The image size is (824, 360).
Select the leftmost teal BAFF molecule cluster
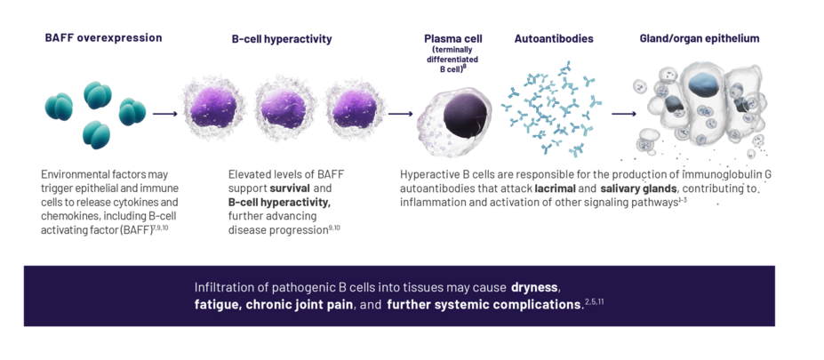pyautogui.click(x=60, y=109)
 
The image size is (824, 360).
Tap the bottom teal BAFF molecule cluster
pyautogui.click(x=96, y=134)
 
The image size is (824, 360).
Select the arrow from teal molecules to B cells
pyautogui.click(x=165, y=114)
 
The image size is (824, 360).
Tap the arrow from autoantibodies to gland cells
pyautogui.click(x=622, y=114)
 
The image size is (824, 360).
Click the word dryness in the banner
pyautogui.click(x=535, y=288)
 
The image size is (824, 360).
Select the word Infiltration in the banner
pyautogui.click(x=223, y=288)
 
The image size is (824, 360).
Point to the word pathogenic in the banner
pyautogui.click(x=305, y=288)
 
